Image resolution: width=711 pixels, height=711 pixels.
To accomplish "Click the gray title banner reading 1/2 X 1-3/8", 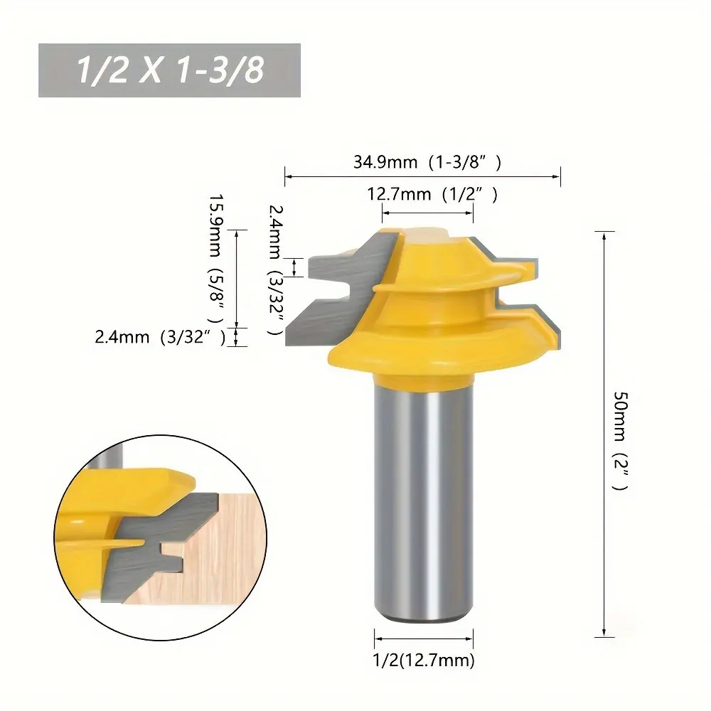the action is coord(170,70).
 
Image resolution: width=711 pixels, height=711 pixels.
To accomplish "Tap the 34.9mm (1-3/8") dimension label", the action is coord(427,162).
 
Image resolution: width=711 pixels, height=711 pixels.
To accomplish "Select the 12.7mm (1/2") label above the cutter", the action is coord(432,194).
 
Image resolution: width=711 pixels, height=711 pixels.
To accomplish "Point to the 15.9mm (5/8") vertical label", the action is coord(216,259).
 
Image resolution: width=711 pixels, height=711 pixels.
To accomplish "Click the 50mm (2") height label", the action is coord(620,441).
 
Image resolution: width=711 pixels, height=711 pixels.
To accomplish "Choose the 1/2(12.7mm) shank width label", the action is coord(424,660).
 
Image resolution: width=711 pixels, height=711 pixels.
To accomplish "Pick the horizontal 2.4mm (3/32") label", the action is coord(160,337).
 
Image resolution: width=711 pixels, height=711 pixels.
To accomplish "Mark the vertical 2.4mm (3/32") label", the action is coord(276,269).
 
